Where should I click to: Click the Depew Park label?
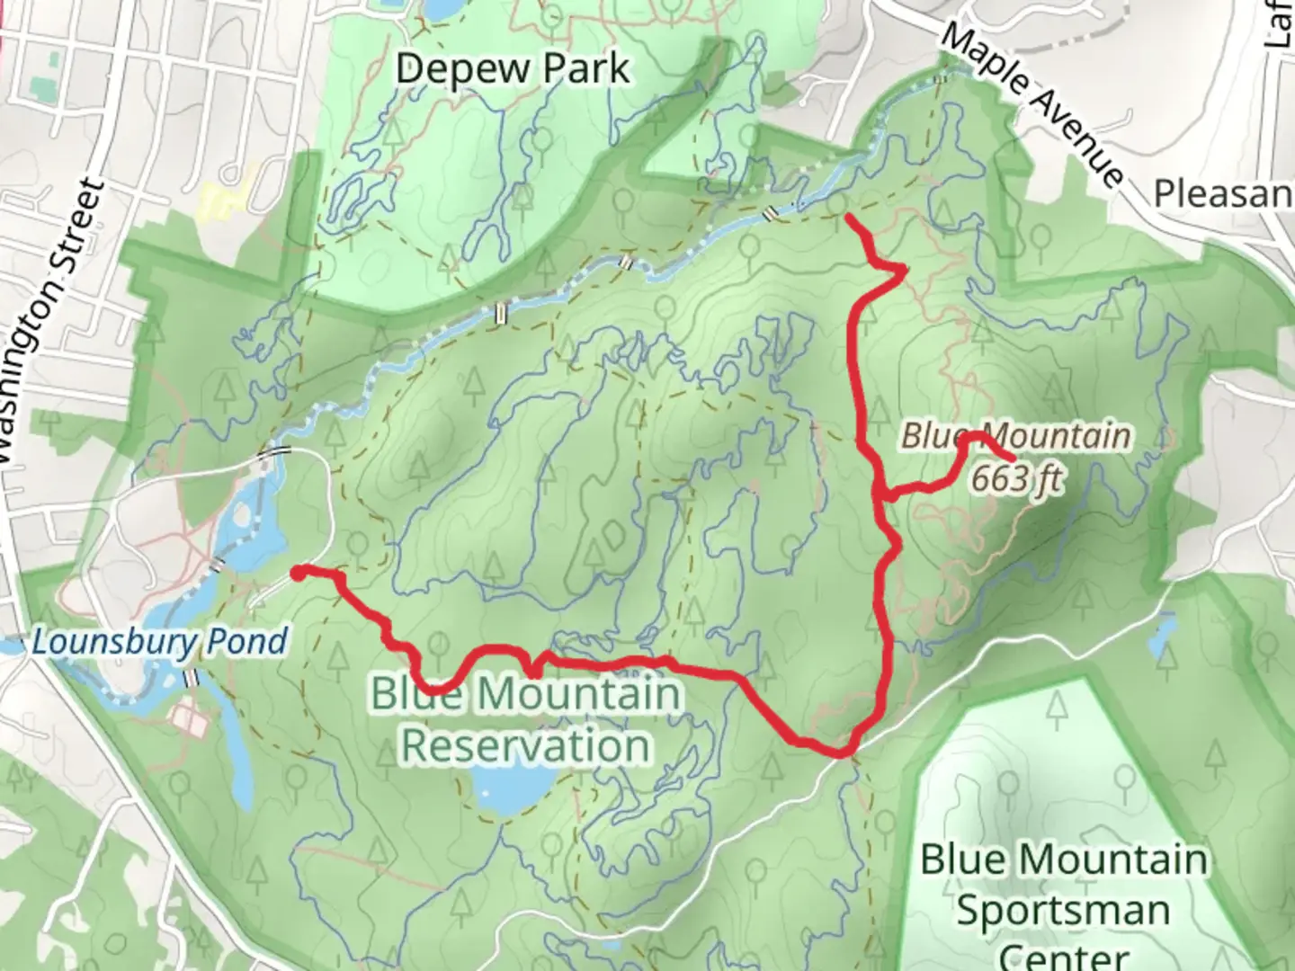pos(513,69)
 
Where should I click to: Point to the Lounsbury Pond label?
pos(160,642)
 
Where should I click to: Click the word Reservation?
pos(526,745)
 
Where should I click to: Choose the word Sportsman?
pos(1063,910)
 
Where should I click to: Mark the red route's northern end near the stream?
pos(850,217)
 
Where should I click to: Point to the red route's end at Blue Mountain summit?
pos(1014,461)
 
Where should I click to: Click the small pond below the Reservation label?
pos(514,790)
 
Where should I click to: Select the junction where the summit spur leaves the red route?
pos(882,494)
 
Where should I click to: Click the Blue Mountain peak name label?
pos(1016,437)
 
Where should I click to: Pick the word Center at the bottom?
pos(1063,956)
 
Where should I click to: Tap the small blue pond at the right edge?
pos(1162,635)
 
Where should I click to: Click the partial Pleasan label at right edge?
pos(1223,193)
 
